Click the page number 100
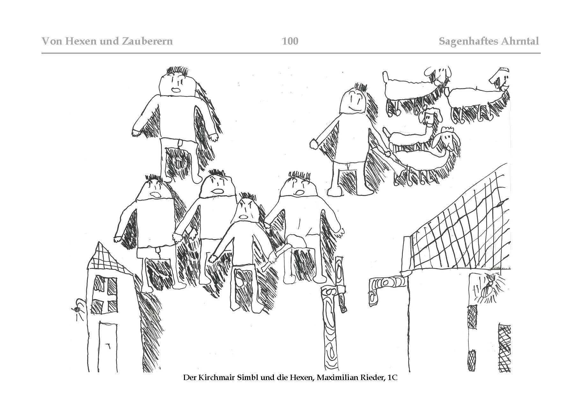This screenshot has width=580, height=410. [290, 41]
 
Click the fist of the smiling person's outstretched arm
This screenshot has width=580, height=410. [314, 144]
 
